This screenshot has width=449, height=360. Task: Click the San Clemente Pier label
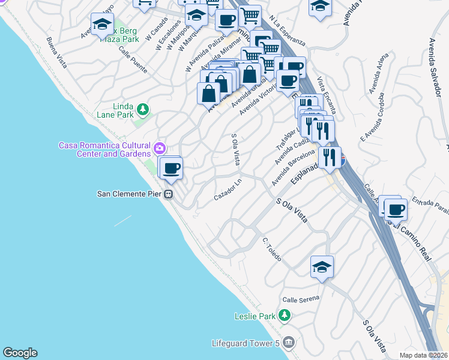(x=130, y=194)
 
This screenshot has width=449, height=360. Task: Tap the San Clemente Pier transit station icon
(x=170, y=194)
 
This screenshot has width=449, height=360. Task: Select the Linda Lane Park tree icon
(x=143, y=109)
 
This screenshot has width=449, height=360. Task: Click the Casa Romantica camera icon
(x=160, y=148)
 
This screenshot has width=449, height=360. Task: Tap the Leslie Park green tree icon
(x=285, y=316)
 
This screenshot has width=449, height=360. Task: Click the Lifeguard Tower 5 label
(x=246, y=343)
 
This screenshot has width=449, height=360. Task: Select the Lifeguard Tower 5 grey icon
(x=289, y=343)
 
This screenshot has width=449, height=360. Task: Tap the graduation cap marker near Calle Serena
(x=322, y=268)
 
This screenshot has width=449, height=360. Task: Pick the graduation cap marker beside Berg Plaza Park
(x=103, y=25)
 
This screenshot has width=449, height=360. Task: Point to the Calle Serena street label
(x=301, y=297)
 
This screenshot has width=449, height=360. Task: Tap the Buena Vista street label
(x=58, y=51)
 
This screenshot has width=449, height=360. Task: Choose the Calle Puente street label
(x=133, y=60)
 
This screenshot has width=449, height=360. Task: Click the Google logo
(x=20, y=353)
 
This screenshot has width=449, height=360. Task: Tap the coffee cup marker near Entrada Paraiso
(x=396, y=210)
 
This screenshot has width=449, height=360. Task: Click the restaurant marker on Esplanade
(x=330, y=157)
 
